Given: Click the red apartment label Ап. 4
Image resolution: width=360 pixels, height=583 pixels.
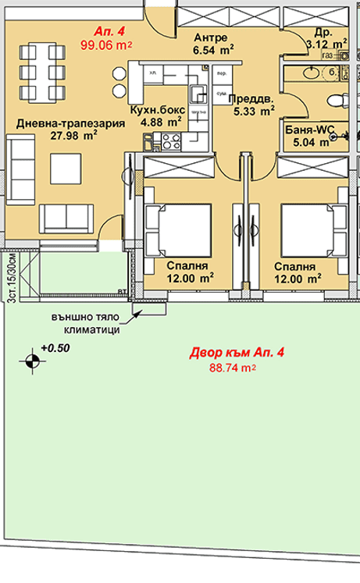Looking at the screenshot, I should point(104,31).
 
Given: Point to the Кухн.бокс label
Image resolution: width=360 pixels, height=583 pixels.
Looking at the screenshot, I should point(159,110).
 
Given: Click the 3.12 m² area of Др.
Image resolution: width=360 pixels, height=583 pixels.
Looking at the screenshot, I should point(325,44).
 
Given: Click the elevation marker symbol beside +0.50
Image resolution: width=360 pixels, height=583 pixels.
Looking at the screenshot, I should point(31,361).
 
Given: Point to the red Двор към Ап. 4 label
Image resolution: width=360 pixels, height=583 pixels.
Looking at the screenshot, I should point(237,354).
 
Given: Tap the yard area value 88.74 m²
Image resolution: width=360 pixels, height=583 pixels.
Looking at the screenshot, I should point(237,369).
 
